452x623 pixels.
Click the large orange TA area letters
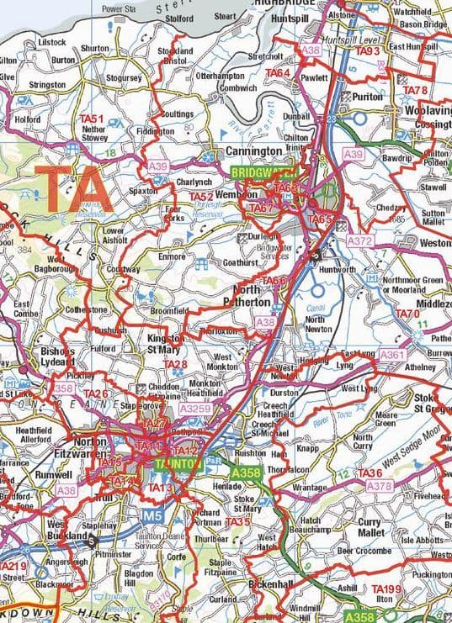74,189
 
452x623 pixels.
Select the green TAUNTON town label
178,463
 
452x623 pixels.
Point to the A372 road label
360,241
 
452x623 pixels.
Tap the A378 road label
380,486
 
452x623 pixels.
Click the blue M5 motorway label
151,514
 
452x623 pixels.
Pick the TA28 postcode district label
175,364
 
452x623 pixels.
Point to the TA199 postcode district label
388,589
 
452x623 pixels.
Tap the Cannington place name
253,151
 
